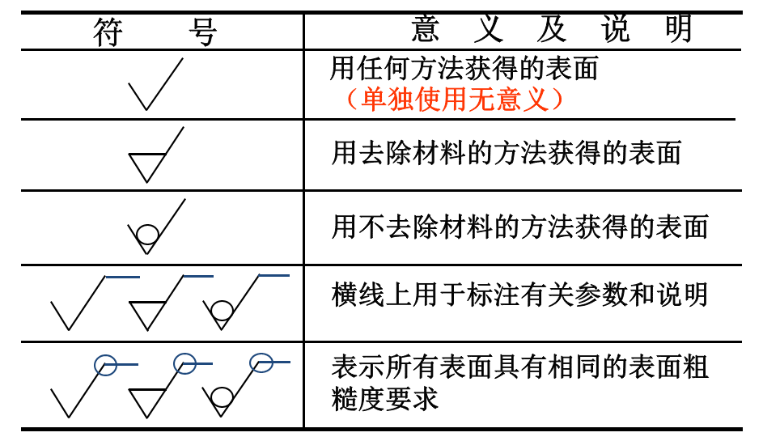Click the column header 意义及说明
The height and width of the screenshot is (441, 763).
[x=552, y=29]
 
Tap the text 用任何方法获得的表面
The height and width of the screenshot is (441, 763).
[x=464, y=68]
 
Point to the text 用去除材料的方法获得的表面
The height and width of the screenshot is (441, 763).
[x=507, y=153]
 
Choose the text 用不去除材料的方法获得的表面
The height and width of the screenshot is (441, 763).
[x=519, y=227]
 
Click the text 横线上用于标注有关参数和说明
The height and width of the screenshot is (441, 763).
[x=519, y=295]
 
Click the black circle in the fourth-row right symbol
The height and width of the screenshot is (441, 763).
[x=221, y=310]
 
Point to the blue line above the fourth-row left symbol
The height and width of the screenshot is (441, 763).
[x=122, y=278]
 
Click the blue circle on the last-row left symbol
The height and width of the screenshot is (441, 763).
[x=106, y=365]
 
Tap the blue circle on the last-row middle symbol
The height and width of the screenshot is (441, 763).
[x=184, y=363]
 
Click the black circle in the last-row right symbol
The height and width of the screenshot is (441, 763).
[x=221, y=397]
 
